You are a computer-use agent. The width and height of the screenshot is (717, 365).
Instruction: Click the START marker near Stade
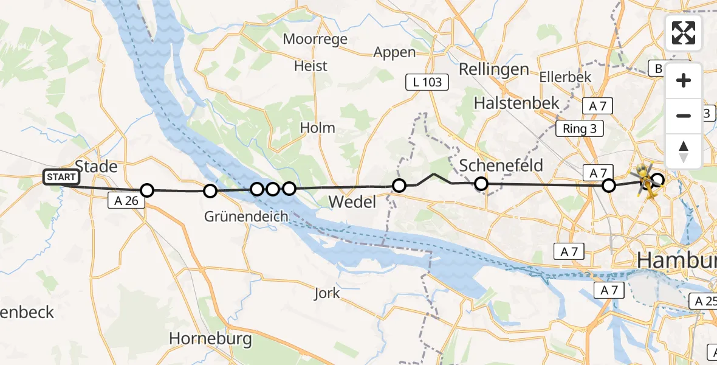[x=61, y=177]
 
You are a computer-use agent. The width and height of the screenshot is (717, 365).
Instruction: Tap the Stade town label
[x=95, y=166]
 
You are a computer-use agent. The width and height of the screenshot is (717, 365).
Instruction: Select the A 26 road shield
[x=126, y=200]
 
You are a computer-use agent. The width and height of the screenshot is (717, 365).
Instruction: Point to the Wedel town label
[x=352, y=201]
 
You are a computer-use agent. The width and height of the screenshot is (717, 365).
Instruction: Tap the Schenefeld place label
[x=501, y=165]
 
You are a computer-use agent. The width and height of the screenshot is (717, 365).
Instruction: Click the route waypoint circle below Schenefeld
[x=481, y=183]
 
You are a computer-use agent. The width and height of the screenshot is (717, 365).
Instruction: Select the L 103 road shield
[x=427, y=82]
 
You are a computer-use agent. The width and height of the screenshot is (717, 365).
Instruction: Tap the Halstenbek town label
[x=516, y=103]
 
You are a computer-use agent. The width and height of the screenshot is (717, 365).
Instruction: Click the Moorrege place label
[x=315, y=40]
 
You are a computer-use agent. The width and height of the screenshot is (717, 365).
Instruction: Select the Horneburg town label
[x=210, y=339]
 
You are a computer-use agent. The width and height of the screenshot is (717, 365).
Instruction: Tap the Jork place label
[x=327, y=293]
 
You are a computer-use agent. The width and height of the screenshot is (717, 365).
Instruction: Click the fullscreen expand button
[x=684, y=32]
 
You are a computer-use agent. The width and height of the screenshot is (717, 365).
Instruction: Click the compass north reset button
[x=684, y=151]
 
